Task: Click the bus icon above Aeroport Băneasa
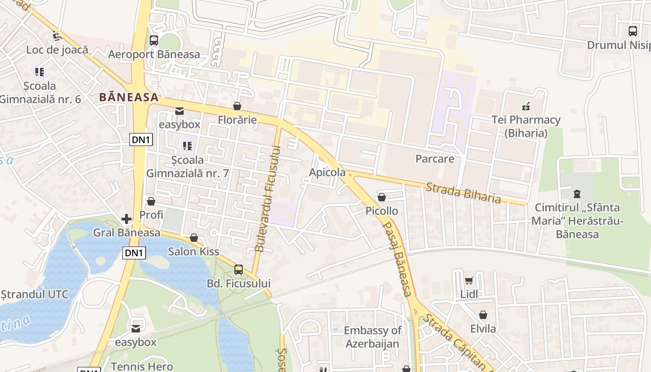[154, 40]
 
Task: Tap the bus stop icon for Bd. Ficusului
[239, 269]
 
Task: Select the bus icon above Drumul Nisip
[633, 31]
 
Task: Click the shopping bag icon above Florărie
[237, 106]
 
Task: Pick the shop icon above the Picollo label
[382, 197]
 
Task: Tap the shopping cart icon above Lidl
[469, 280]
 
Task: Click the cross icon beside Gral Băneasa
[126, 219]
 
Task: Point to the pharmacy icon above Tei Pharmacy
[526, 106]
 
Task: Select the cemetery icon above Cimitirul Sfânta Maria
[577, 193]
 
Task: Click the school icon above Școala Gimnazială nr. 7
[187, 146]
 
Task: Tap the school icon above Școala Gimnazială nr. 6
[40, 72]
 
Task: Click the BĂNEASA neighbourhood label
[129, 98]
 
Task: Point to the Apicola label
[327, 173]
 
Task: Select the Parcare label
[435, 159]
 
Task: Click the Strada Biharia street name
[463, 193]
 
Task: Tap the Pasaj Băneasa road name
[397, 259]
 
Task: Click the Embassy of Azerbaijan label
[372, 337]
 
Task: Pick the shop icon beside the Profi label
[151, 201]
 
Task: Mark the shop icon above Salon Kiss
[194, 238]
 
